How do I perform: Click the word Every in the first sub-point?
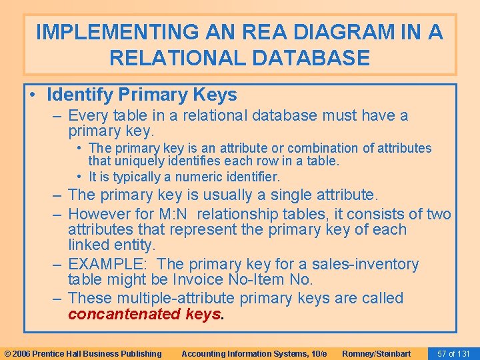(88, 115)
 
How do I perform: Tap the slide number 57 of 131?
(453, 353)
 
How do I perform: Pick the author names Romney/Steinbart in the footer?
(376, 353)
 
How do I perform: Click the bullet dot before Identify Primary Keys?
(33, 95)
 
